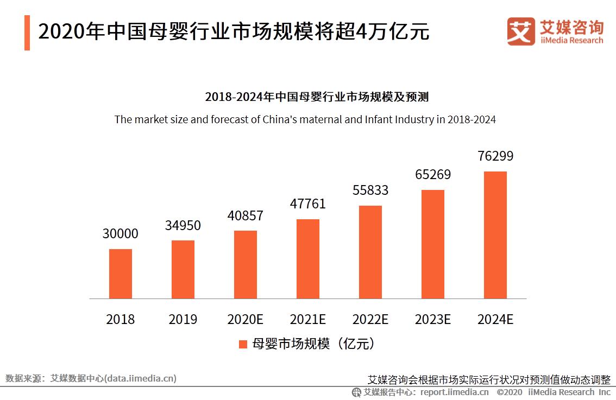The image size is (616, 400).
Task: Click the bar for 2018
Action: point(121,274)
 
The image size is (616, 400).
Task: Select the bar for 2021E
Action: point(308,259)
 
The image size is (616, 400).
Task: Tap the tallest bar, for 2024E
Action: point(495,235)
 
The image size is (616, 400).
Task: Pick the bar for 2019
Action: point(183,269)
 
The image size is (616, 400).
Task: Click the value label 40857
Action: point(246,215)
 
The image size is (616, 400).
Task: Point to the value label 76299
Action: point(495,156)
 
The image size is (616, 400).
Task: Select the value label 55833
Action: point(370,191)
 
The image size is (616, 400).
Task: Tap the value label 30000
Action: point(121,234)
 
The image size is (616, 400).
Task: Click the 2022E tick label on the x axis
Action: point(370,319)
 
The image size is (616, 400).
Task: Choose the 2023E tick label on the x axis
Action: point(433,319)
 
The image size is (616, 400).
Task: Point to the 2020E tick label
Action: point(246,319)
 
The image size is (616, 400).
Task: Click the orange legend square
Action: point(243,344)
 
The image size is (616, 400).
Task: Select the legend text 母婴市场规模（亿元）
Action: point(313,344)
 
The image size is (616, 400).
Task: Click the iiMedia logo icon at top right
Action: point(520,31)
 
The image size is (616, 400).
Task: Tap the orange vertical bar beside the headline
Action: point(27,33)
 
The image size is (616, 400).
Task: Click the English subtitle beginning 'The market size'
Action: point(305,119)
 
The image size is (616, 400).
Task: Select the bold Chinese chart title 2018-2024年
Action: point(317,97)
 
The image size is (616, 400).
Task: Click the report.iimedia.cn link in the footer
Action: point(454,392)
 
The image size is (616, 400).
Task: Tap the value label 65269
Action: point(433,175)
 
